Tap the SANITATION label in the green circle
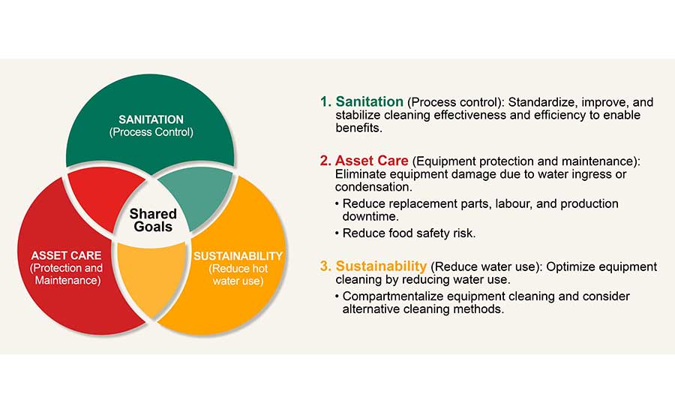151,119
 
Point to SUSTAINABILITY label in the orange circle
238,255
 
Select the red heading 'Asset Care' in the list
372,161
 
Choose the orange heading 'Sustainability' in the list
382,267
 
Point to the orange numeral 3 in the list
324,267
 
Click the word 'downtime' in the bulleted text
368,217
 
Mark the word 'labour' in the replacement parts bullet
485,204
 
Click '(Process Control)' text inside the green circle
151,132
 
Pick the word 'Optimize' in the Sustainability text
562,267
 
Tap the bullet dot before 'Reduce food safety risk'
337,234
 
